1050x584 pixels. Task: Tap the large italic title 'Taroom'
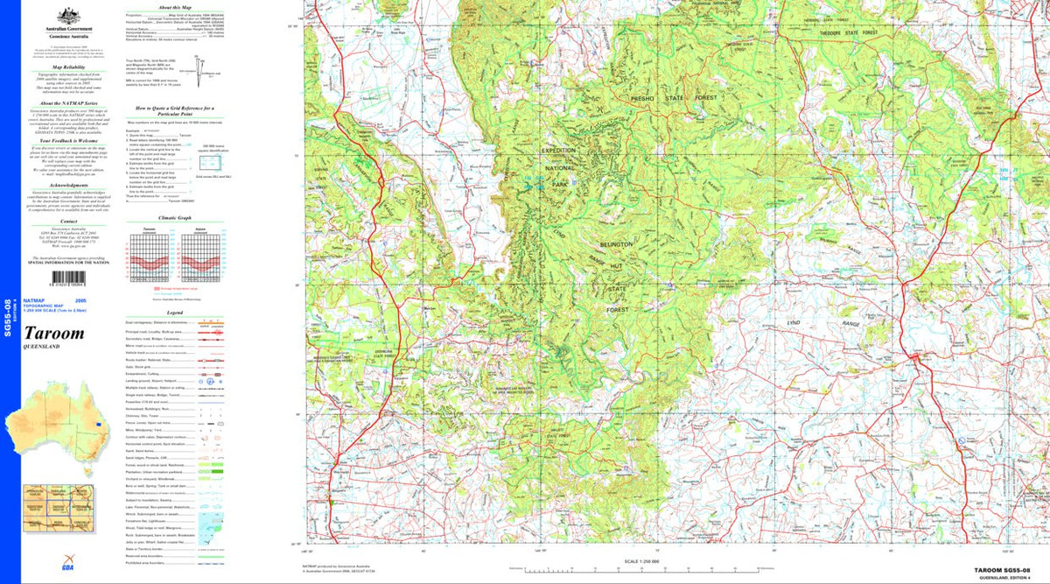pos(56,334)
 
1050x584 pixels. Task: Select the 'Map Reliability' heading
pos(68,67)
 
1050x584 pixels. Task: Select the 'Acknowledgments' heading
pos(68,186)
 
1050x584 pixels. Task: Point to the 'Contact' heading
pos(68,222)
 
